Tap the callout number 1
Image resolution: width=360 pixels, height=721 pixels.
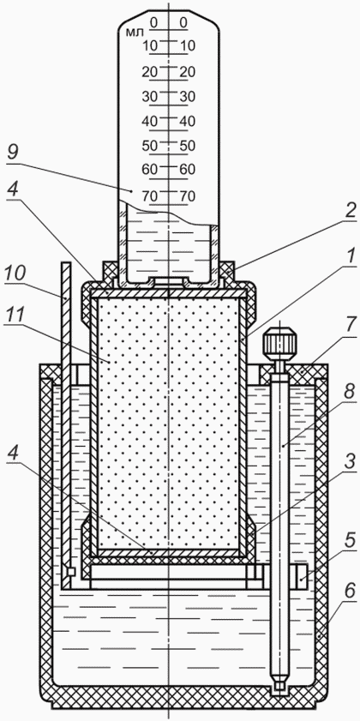point(349,258)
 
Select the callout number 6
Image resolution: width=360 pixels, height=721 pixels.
point(349,593)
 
